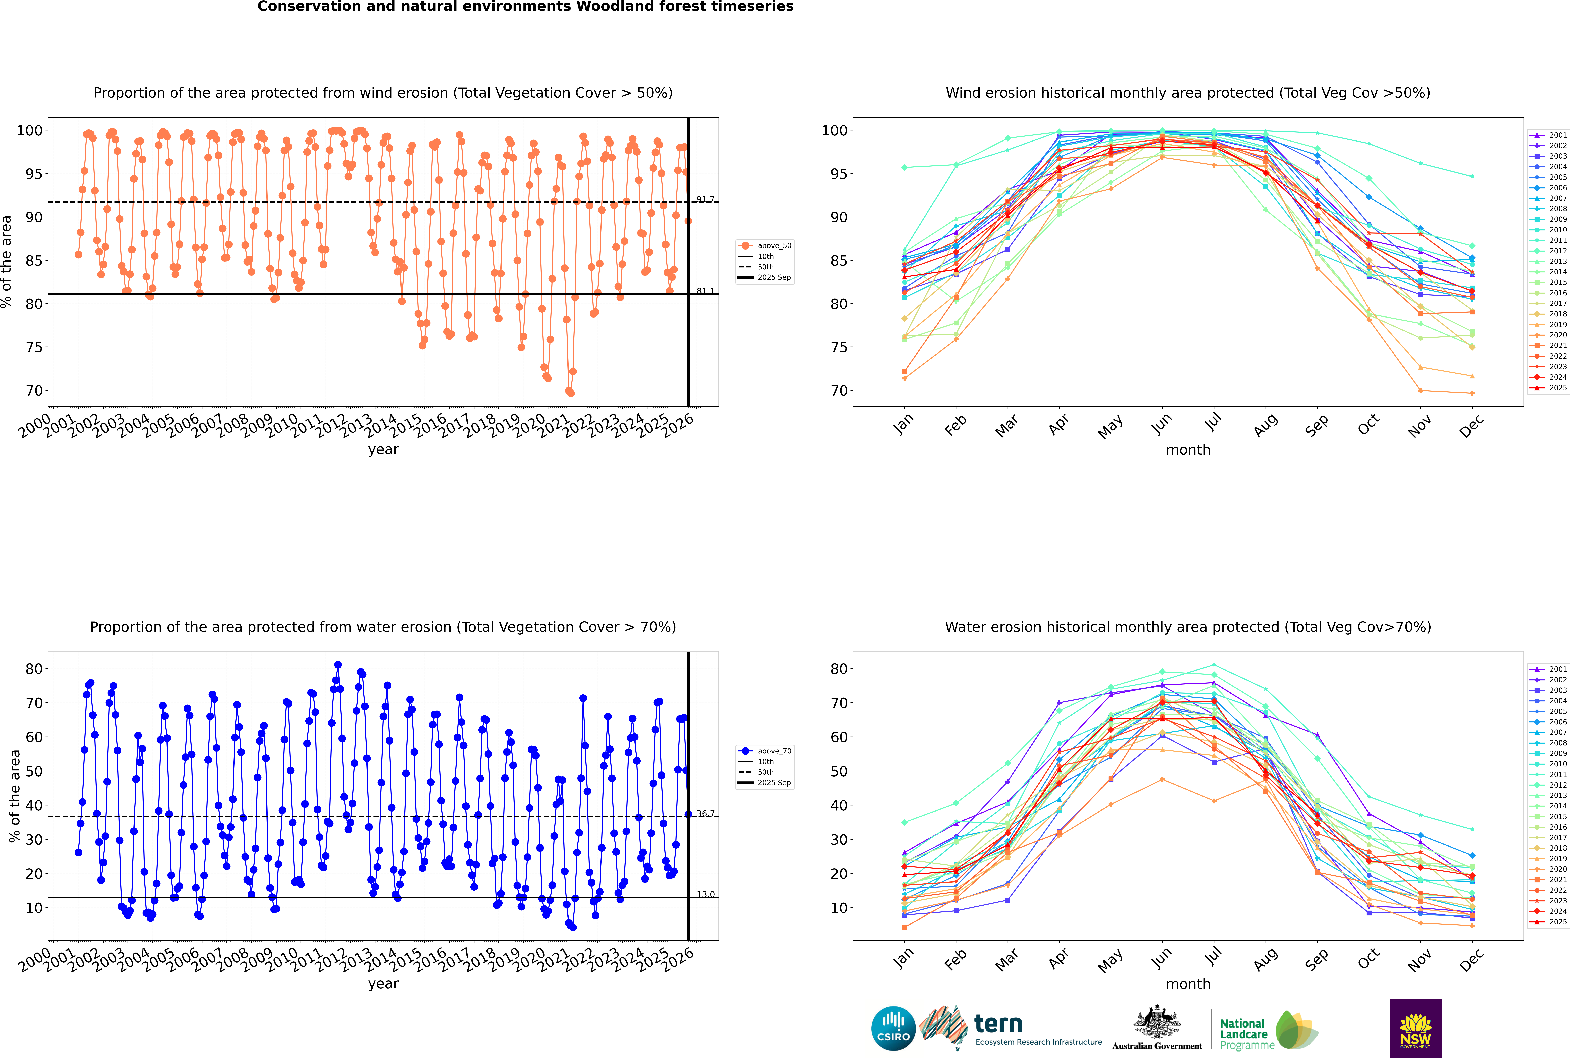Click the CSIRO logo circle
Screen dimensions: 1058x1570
click(x=893, y=1029)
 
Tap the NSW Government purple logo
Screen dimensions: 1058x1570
click(x=1415, y=1028)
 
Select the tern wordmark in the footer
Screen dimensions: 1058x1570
click(x=998, y=1024)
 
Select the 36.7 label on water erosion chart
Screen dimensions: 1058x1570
click(x=705, y=814)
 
